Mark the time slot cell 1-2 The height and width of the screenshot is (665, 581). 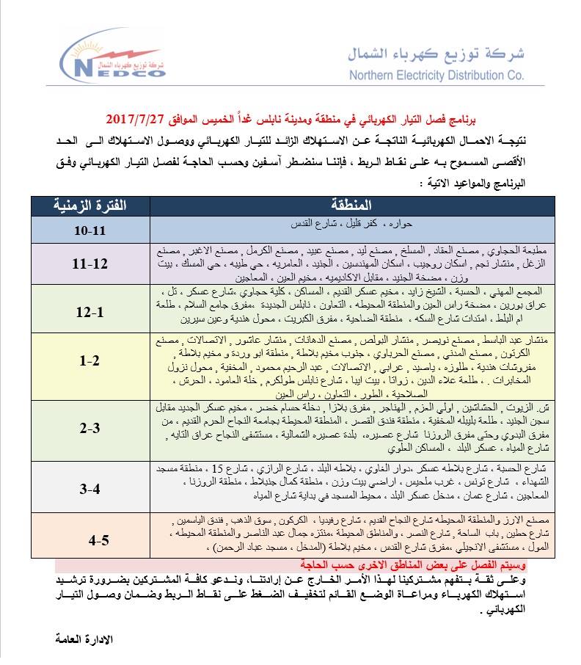89,360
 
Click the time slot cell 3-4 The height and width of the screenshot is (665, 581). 89,487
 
